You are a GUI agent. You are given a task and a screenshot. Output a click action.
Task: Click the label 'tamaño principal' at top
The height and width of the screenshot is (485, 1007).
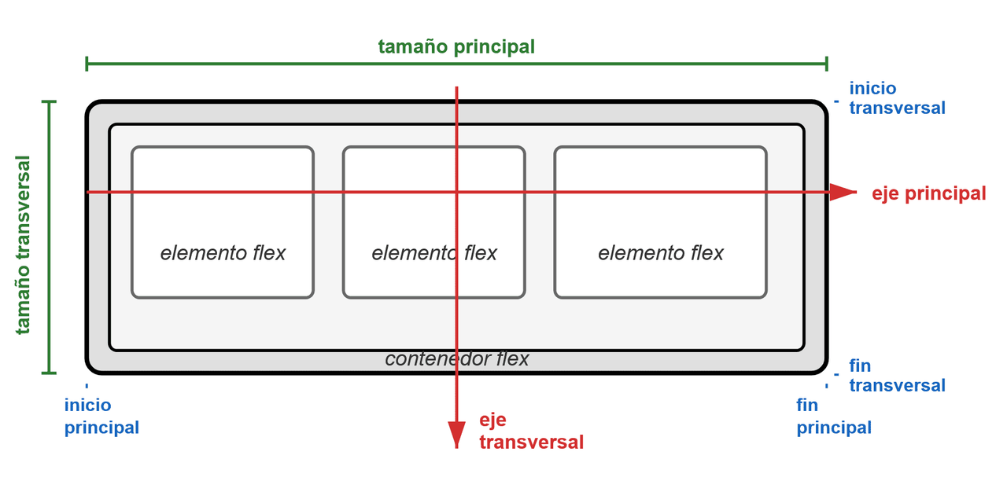point(456,46)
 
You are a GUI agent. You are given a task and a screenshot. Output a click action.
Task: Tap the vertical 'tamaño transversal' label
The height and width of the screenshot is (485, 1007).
point(24,244)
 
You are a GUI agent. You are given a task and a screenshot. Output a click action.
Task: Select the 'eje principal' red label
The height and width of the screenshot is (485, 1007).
point(928,193)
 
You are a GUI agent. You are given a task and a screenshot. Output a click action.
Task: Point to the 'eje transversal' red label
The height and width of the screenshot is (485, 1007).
point(531,431)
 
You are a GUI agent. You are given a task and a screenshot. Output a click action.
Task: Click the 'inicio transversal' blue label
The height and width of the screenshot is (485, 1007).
point(897,98)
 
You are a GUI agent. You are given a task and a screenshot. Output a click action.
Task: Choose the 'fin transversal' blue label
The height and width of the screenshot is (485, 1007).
point(897,376)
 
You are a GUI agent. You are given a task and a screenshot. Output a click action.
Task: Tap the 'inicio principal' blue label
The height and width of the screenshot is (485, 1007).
point(101,417)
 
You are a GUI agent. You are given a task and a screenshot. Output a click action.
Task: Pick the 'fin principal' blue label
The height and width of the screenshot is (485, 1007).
point(834,417)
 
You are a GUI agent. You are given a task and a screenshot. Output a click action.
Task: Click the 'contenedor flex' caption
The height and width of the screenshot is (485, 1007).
point(457,359)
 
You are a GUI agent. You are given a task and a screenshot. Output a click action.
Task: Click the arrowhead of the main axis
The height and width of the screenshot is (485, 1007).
point(843,192)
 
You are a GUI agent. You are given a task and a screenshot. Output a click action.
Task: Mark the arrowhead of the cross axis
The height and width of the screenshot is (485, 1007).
point(457,434)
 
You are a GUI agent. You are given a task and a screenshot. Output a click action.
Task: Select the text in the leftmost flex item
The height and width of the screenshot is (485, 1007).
point(223,253)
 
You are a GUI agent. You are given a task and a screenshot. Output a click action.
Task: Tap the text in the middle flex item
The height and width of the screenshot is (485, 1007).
point(434,253)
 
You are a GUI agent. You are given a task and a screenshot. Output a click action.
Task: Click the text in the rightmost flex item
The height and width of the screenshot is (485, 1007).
point(661,253)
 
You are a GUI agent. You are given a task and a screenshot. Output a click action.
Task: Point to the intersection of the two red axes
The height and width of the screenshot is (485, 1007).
point(457,192)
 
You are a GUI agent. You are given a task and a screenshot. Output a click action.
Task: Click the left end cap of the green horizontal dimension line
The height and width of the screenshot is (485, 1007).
point(87,64)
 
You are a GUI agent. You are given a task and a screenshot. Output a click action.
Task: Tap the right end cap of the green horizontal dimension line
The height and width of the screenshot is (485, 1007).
point(827,64)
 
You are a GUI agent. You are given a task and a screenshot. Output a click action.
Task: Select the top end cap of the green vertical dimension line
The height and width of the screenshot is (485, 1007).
point(50,102)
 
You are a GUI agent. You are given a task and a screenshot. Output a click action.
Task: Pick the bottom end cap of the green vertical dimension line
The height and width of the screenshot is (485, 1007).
point(50,372)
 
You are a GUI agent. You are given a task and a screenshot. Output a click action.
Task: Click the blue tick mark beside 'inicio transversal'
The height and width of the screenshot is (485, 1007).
point(836,101)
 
